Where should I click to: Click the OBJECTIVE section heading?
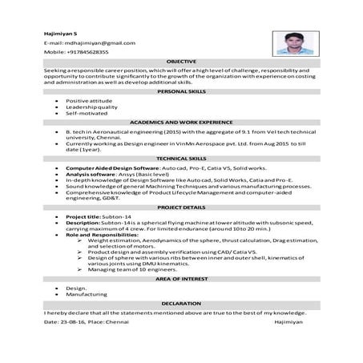tap(181, 61)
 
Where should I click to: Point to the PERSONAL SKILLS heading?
tap(181, 92)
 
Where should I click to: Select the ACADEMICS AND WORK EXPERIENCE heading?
tap(181, 122)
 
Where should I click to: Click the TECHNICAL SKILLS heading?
tap(181, 159)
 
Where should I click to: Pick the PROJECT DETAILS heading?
tap(181, 207)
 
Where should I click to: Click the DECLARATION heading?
tap(181, 304)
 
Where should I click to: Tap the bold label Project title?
tap(83, 216)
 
